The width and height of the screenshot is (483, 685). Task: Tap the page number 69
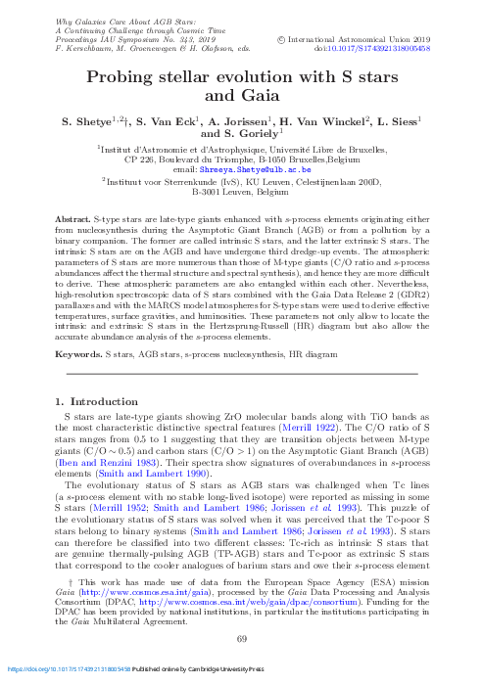242,639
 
